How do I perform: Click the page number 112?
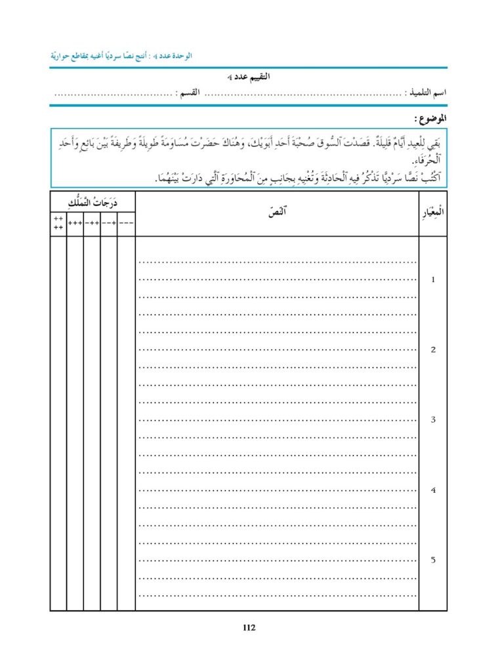point(249,628)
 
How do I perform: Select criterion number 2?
point(432,350)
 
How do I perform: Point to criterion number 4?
point(432,490)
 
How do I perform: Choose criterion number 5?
point(432,560)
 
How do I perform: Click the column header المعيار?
point(432,213)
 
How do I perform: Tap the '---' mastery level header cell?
point(126,223)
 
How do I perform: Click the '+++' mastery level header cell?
point(75,223)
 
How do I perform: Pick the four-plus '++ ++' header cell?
point(58,223)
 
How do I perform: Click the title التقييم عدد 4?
point(249,77)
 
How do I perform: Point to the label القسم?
point(192,94)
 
